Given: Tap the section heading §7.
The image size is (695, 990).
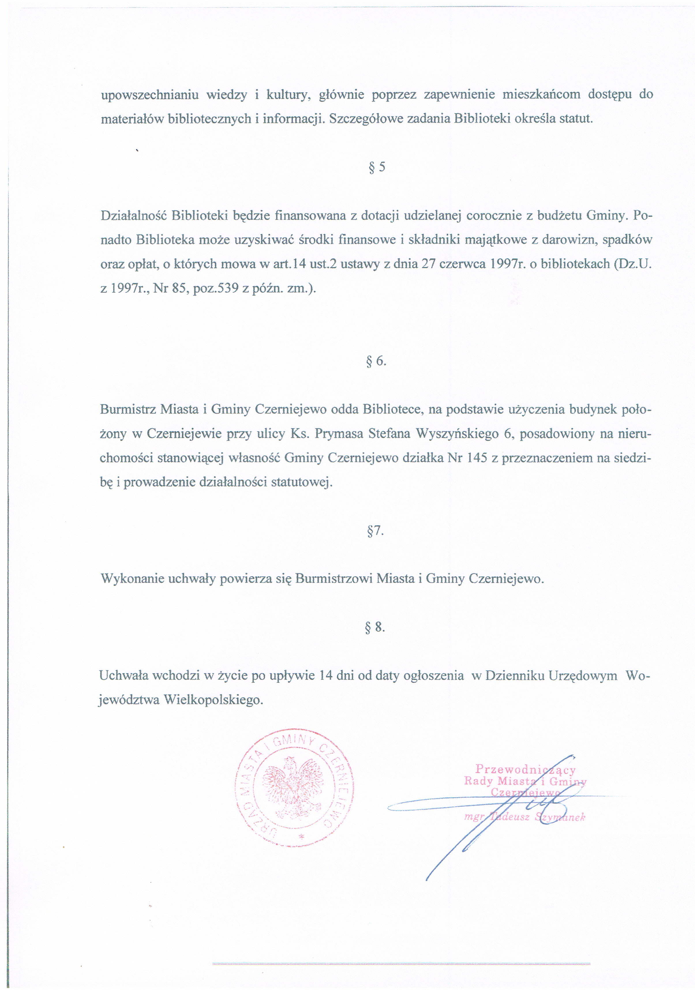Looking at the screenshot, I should (x=375, y=531).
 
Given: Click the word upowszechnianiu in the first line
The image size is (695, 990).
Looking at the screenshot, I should (x=149, y=95).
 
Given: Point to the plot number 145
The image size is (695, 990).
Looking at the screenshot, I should (x=477, y=458).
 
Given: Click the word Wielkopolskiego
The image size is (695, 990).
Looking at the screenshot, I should (x=213, y=700).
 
